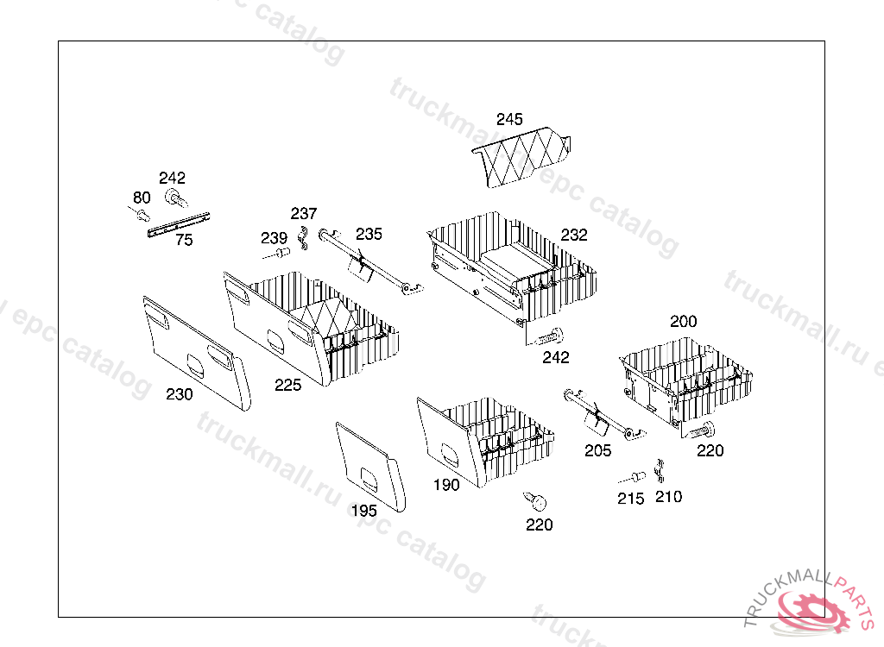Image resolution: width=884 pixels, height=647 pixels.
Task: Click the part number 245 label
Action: pos(509,119)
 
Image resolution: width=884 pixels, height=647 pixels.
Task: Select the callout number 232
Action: pos(573,235)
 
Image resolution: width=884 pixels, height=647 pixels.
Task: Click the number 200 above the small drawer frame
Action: pos(683,321)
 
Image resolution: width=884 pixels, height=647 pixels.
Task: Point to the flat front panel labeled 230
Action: pos(195,350)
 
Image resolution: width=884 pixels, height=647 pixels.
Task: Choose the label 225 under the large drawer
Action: pos(288,385)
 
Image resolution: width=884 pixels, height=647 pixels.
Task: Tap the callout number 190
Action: pos(446,485)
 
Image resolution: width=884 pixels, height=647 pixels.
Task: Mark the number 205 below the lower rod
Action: pos(597,450)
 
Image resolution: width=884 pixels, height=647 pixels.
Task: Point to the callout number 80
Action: pos(142,198)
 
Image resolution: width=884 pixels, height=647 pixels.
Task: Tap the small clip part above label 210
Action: pos(660,471)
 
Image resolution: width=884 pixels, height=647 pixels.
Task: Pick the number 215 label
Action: pos(630,499)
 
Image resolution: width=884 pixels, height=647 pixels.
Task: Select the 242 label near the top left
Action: pos(172,178)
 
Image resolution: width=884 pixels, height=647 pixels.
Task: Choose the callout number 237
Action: pos(304,213)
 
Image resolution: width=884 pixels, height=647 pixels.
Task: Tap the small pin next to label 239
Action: pos(280,254)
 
